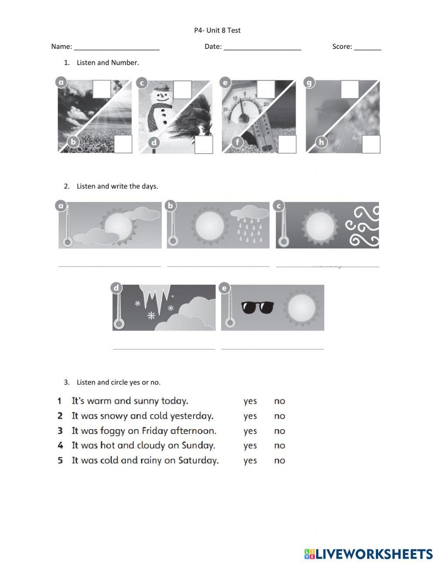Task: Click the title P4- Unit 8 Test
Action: [217, 30]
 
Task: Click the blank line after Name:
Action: [116, 47]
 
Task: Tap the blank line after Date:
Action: [262, 47]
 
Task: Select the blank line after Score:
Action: [367, 47]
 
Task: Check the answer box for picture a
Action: [102, 89]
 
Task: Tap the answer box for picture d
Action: [204, 144]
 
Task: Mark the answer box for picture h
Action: [371, 144]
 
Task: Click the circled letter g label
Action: [310, 83]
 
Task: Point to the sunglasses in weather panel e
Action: [257, 307]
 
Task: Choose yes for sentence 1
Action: [250, 401]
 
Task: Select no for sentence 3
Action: [279, 431]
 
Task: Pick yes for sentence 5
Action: [250, 461]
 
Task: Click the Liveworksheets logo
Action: [368, 554]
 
